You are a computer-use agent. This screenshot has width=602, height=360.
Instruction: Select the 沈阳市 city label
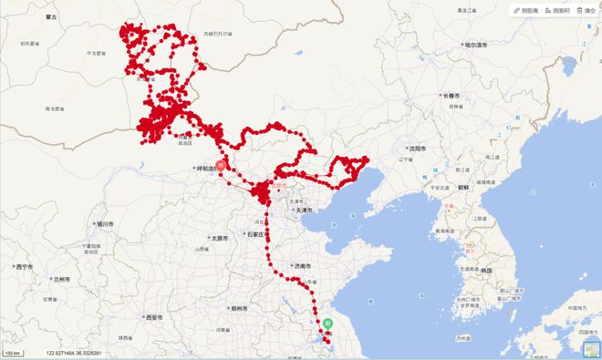tap(419, 147)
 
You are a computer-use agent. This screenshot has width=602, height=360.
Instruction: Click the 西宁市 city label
tap(24, 266)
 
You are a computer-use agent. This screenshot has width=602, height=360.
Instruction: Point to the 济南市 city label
tap(302, 265)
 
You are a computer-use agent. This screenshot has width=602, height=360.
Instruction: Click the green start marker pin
tap(327, 324)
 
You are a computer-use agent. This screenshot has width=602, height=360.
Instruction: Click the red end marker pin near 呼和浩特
tap(219, 167)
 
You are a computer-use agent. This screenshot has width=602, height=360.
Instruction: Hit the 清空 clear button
tap(586, 10)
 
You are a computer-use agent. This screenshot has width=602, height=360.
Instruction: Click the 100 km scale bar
tap(12, 352)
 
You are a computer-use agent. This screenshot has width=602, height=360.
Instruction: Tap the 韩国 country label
tap(487, 269)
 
